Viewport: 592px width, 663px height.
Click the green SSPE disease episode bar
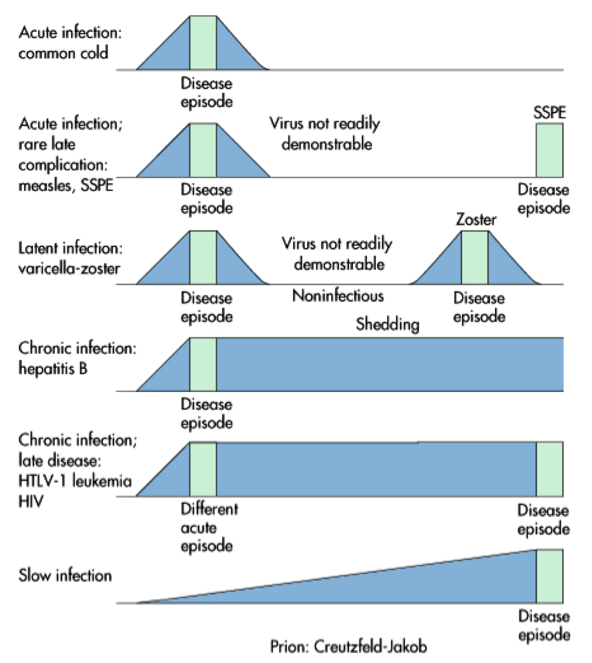tap(549, 150)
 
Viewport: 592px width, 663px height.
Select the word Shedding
tap(387, 325)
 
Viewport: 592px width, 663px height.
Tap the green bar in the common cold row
tap(202, 43)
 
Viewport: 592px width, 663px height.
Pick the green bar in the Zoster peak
tap(474, 258)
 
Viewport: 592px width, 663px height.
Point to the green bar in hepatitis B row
tap(202, 364)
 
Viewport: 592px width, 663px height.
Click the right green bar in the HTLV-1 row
tap(549, 470)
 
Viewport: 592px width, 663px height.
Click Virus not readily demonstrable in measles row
tap(324, 134)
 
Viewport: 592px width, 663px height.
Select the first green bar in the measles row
tap(202, 150)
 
